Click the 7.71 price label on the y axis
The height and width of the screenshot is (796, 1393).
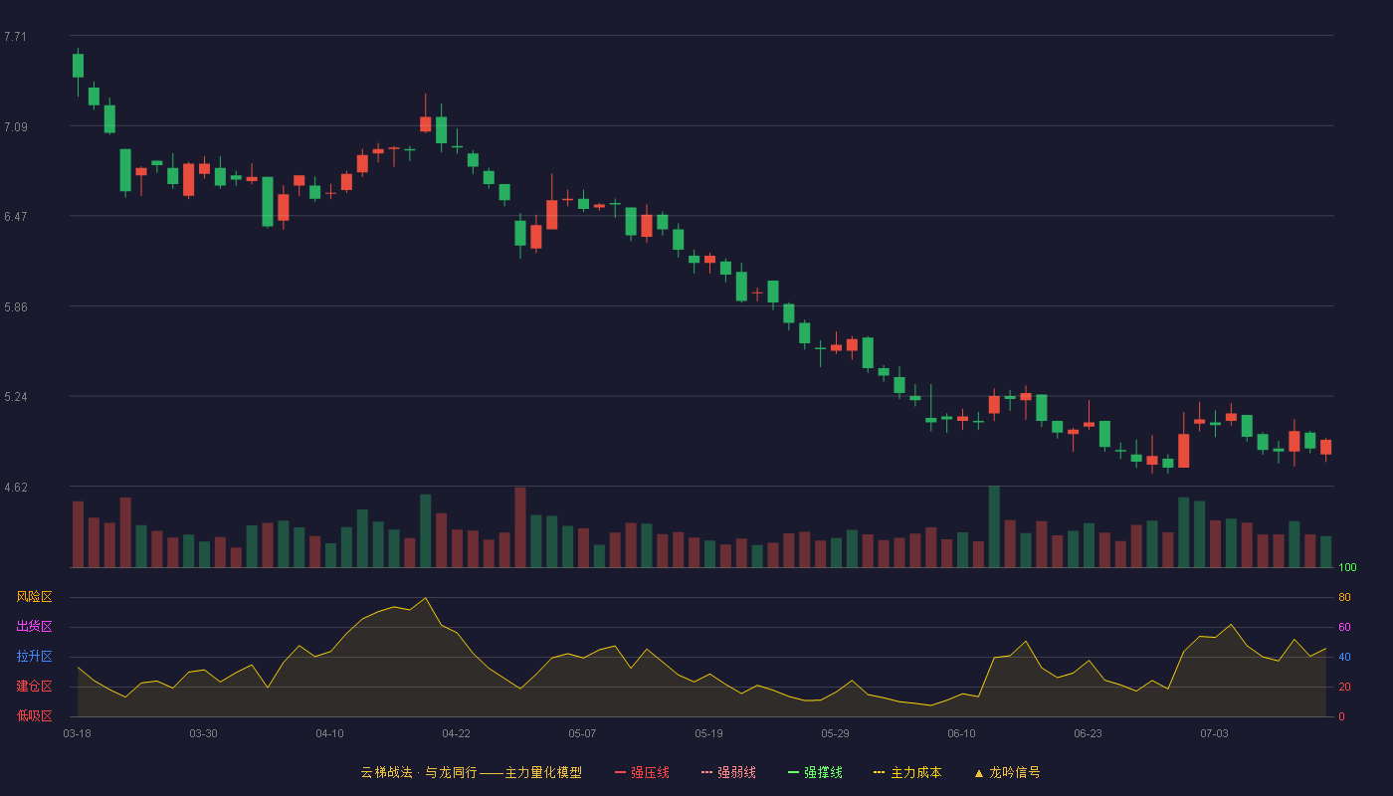coord(16,37)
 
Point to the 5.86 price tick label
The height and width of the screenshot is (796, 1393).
coord(16,307)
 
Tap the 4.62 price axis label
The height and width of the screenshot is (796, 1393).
coord(16,488)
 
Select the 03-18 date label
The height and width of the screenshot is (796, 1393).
coord(78,734)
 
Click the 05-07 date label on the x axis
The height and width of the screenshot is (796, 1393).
coord(582,734)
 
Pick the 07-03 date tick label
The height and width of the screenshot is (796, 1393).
coord(1214,734)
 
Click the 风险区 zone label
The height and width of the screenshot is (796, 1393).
coord(34,597)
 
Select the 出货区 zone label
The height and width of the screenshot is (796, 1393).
coord(34,626)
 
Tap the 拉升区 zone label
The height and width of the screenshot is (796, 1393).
coord(34,656)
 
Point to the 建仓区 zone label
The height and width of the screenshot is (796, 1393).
coord(34,686)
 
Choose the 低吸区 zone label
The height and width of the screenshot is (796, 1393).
coord(34,715)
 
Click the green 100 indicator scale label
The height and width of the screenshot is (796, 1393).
coord(1347,567)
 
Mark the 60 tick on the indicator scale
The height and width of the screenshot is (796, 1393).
coord(1344,627)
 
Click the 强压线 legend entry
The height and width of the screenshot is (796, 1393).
coord(642,772)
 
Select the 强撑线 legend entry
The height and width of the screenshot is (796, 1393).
coord(815,772)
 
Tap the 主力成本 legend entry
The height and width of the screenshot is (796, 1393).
coord(907,772)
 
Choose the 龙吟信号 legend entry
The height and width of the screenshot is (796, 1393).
coord(1007,772)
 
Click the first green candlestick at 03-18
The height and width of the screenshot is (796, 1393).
coord(78,66)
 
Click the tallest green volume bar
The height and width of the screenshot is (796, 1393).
coord(994,526)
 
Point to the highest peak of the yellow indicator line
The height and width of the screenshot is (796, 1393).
coord(426,598)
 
